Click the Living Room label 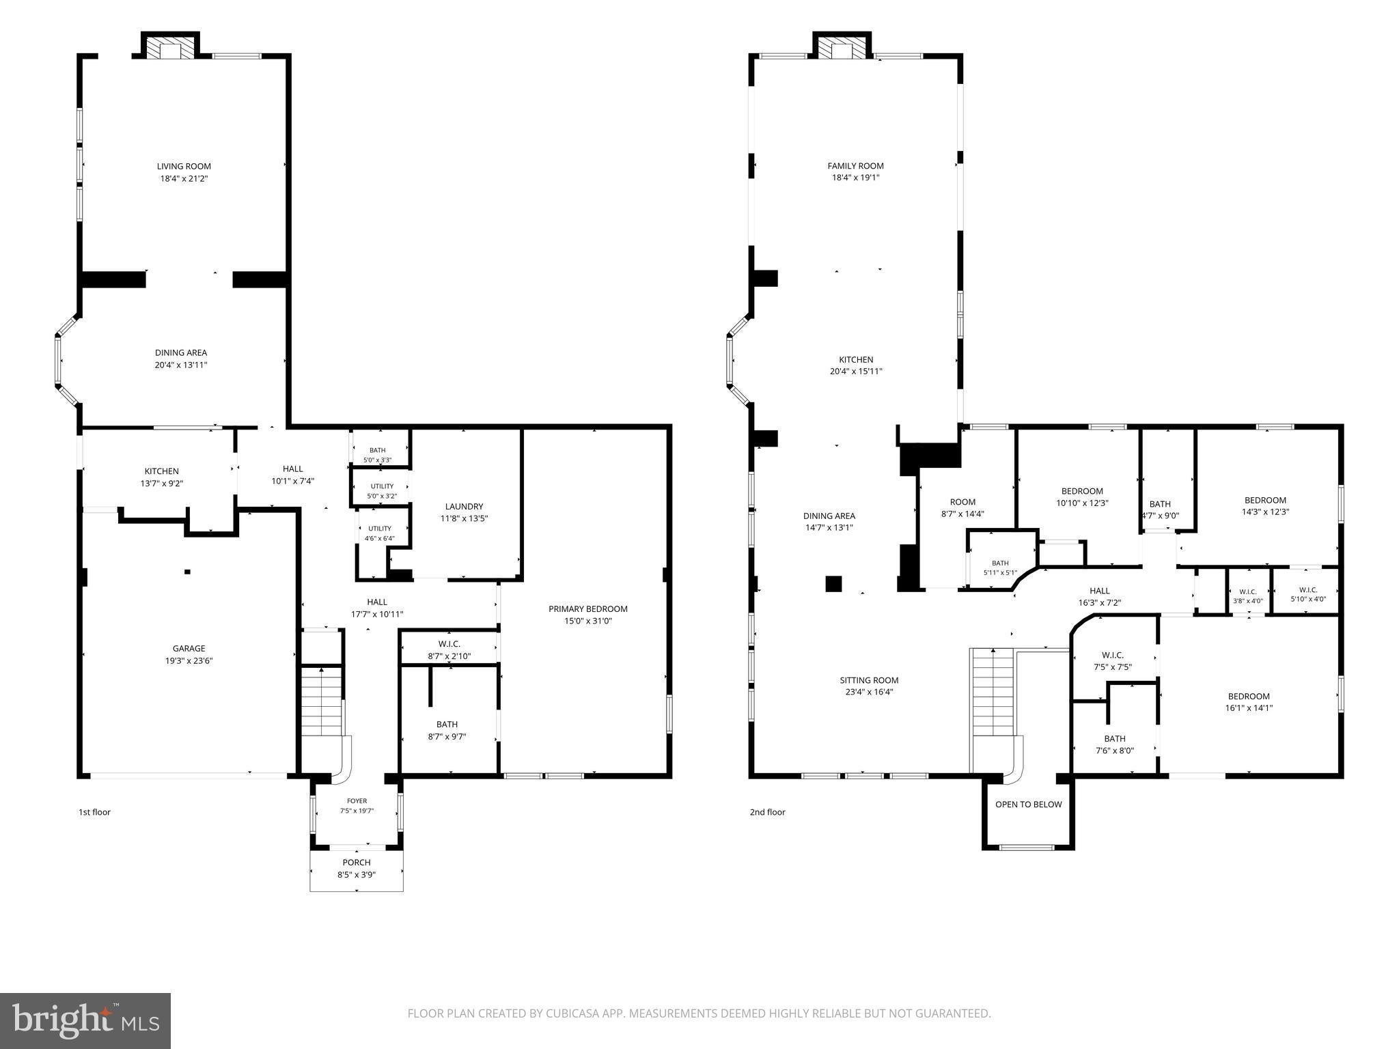click(x=184, y=166)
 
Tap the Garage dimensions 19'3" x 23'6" click(x=189, y=660)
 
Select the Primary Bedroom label click(x=588, y=609)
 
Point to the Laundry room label click(x=464, y=506)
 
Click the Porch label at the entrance click(x=357, y=862)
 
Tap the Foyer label click(x=357, y=801)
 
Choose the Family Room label click(x=855, y=165)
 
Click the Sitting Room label click(x=869, y=680)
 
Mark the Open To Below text click(x=1028, y=804)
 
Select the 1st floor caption click(x=94, y=812)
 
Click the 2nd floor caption click(x=767, y=812)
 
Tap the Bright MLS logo click(x=85, y=1020)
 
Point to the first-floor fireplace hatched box click(x=170, y=47)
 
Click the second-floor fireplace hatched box click(x=842, y=47)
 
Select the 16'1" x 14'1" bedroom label click(x=1248, y=702)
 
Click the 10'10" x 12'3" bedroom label click(x=1082, y=496)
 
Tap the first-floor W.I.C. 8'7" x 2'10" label click(x=449, y=649)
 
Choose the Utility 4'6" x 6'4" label click(x=380, y=533)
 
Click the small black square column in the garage click(x=187, y=572)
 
